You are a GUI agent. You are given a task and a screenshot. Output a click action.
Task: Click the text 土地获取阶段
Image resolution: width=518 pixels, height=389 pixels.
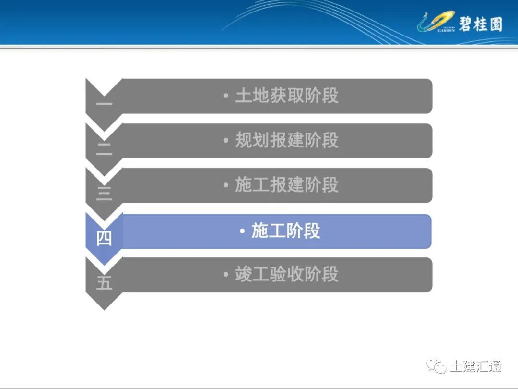click(x=286, y=96)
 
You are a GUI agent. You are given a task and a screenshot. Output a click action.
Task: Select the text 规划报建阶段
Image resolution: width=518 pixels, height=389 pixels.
click(x=286, y=140)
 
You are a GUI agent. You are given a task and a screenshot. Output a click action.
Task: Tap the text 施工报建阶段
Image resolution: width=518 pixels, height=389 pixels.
click(x=286, y=185)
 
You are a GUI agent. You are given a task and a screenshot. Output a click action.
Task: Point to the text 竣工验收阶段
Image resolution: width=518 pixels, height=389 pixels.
click(x=286, y=274)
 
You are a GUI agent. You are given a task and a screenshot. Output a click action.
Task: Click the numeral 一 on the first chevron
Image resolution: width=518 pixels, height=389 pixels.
click(x=104, y=103)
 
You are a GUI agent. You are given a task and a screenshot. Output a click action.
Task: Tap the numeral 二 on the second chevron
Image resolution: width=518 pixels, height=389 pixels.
click(x=104, y=149)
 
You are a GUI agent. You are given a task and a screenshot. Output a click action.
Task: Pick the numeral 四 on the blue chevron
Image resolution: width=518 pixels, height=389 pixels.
click(x=104, y=238)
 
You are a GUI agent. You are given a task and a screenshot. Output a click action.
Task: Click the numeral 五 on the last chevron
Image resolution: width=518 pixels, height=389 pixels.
click(x=104, y=283)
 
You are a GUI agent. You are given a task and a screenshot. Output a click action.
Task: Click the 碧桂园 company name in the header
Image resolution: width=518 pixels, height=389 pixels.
click(x=480, y=24)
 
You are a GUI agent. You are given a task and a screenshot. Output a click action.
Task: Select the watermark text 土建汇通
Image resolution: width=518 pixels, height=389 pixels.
click(x=475, y=366)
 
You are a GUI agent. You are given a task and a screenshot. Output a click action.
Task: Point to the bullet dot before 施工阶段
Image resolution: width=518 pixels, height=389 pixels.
click(x=243, y=231)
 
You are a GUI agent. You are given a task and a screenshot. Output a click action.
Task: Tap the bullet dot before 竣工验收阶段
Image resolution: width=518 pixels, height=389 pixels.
click(x=226, y=275)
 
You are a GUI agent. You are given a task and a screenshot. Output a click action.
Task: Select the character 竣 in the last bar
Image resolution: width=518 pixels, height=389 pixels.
click(x=243, y=274)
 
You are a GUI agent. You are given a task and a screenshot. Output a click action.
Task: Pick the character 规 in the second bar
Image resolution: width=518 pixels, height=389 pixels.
click(x=243, y=140)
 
